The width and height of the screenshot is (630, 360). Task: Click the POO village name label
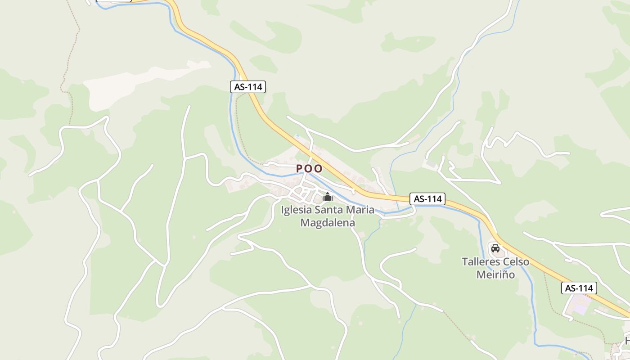(309, 169)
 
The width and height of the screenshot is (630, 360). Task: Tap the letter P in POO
(299, 169)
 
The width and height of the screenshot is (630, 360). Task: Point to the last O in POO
(319, 169)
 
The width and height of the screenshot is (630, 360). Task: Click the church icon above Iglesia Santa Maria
(328, 197)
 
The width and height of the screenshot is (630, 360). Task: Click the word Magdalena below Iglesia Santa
(328, 222)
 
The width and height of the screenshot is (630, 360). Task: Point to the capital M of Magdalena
(305, 222)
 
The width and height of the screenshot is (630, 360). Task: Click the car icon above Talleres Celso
(495, 248)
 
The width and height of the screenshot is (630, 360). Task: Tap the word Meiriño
(495, 274)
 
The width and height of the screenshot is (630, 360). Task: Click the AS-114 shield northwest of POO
(248, 87)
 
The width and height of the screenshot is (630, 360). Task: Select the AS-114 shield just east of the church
(427, 198)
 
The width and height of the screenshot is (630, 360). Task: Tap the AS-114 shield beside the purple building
(579, 288)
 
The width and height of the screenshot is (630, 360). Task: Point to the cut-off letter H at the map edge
(627, 341)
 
